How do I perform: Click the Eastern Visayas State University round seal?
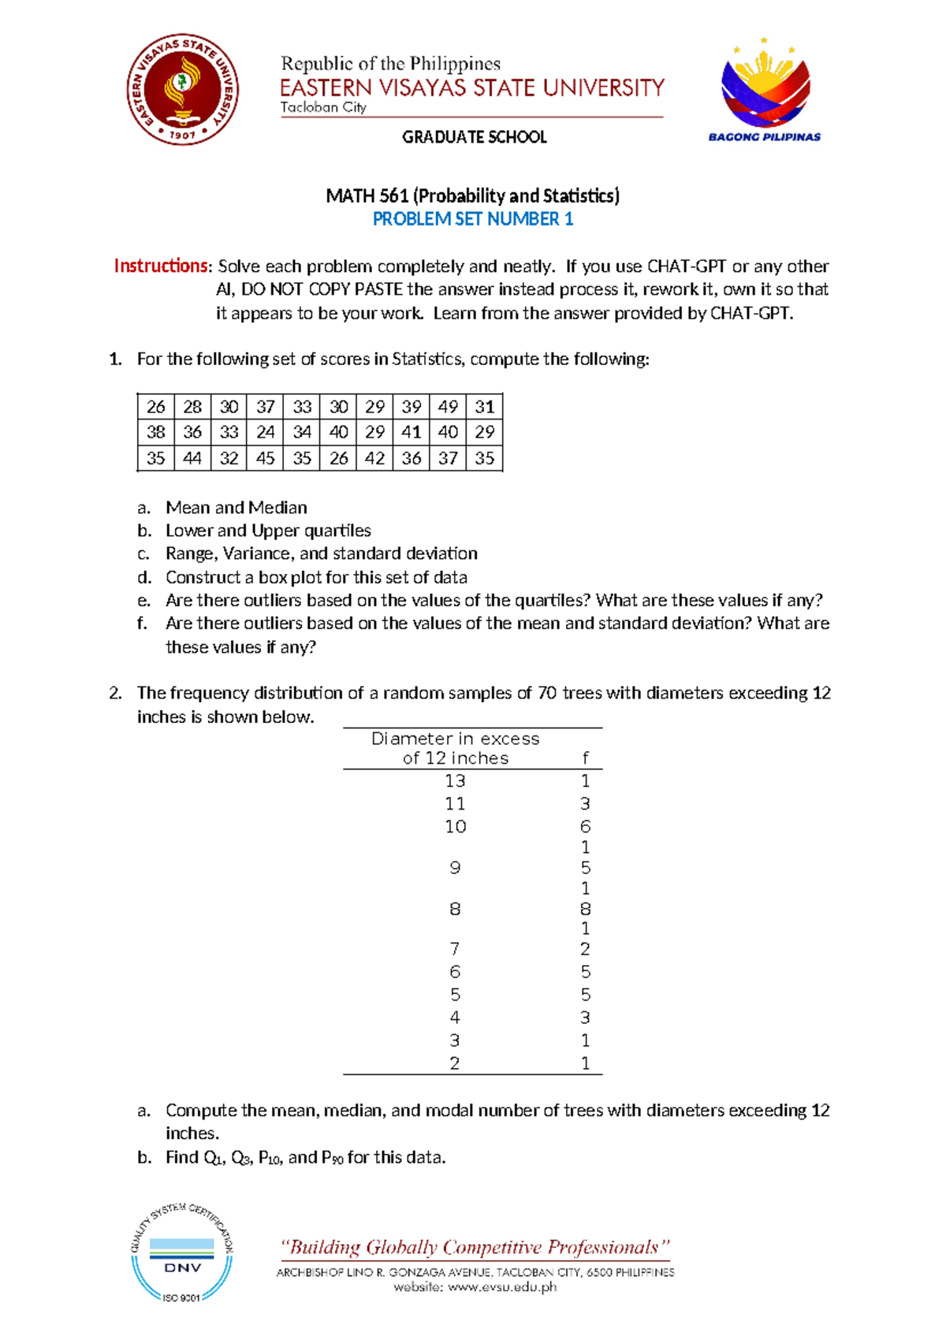click(183, 91)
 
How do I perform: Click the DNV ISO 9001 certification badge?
click(182, 1253)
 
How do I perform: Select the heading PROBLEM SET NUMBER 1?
click(472, 219)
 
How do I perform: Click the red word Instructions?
click(162, 266)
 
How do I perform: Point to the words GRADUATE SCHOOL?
click(474, 137)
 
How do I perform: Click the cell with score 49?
click(448, 407)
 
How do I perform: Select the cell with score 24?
click(266, 432)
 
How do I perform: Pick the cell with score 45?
click(266, 458)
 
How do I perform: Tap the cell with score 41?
click(411, 432)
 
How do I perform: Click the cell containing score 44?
click(192, 458)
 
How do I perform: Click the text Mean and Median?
click(236, 508)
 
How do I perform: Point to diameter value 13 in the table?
click(455, 780)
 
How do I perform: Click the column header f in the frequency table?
click(585, 758)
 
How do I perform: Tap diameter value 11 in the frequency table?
click(455, 803)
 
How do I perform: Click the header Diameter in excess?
click(455, 739)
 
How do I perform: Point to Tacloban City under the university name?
click(323, 107)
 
